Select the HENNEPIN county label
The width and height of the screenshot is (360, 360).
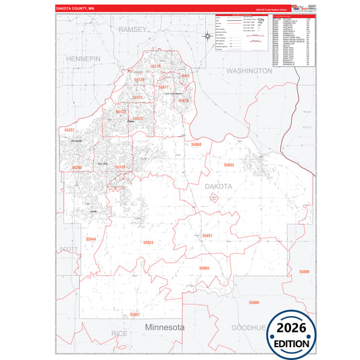pos(83,59)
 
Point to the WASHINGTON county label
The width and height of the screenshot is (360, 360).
pos(249,70)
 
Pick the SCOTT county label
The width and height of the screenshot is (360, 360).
pos(68,249)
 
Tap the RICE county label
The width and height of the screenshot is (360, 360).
pos(119,333)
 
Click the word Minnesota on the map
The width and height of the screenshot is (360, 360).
pos(165,327)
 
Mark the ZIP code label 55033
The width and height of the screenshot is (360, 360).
pos(228,165)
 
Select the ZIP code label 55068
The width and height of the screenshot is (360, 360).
pos(196,145)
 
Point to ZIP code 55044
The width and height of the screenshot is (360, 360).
pos(91,239)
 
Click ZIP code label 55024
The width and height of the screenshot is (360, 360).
pos(149,242)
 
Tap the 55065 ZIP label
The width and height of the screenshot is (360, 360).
pos(204,268)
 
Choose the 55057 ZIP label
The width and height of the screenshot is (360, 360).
pos(134,314)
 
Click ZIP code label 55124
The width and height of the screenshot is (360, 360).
pos(120,166)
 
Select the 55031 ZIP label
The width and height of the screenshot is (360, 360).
pos(207,235)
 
